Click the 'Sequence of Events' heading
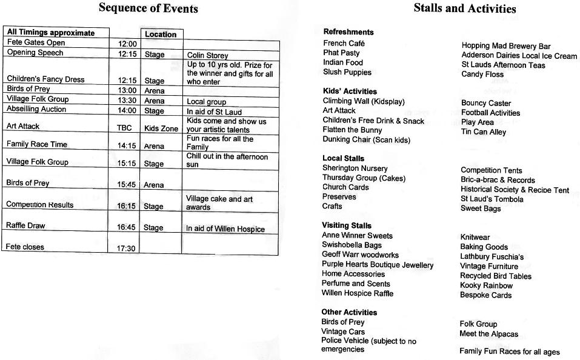pos(148,8)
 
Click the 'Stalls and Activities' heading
pos(465,8)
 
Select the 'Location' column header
pos(161,35)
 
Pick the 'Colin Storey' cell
pos(208,56)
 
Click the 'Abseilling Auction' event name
pos(36,109)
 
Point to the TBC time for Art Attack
pos(124,128)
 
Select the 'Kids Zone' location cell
pos(161,128)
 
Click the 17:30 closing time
pos(126,248)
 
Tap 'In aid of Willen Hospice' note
pos(225,228)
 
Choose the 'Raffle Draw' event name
pos(25,225)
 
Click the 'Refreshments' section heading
pos(348,32)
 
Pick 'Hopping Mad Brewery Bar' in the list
pos(506,46)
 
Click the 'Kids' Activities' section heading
pos(350,92)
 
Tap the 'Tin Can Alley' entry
pos(483,132)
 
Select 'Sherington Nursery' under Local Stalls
pos(355,168)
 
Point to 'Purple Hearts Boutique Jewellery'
pos(378,265)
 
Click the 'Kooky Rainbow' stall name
pos(486,285)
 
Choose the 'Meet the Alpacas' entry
pos(488,334)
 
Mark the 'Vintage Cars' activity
pos(343,332)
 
